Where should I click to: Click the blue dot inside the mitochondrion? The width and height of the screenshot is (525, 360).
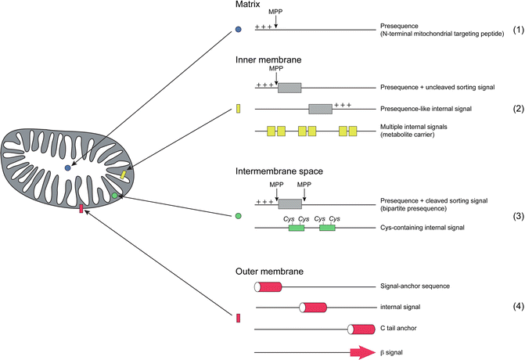(68, 168)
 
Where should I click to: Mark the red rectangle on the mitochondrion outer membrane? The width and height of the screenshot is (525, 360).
(81, 208)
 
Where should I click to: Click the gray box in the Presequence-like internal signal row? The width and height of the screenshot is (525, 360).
(320, 109)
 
